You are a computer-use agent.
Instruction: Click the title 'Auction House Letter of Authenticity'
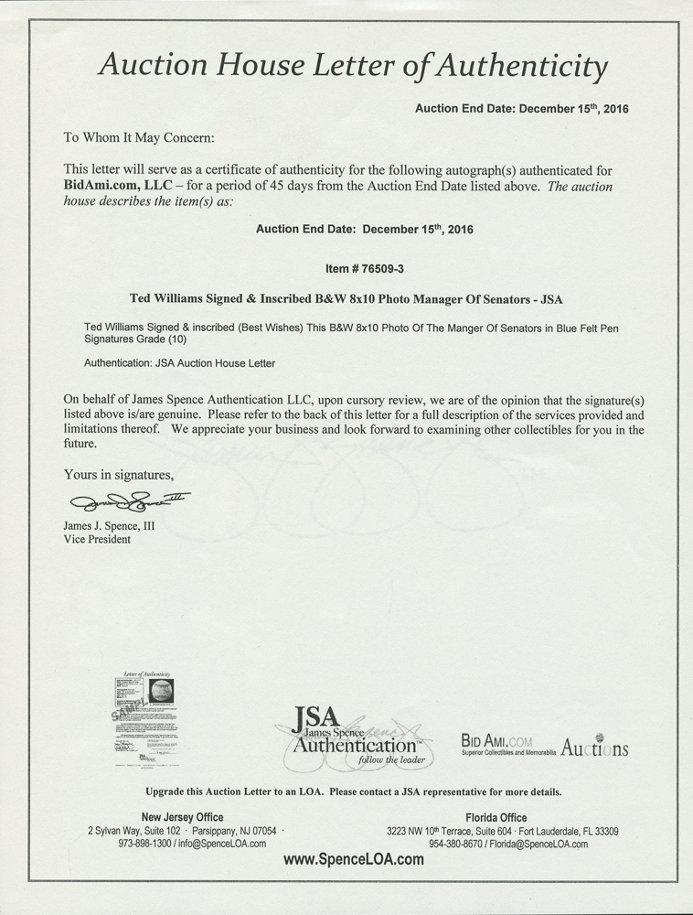click(x=352, y=66)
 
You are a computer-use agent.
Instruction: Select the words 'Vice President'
click(x=97, y=539)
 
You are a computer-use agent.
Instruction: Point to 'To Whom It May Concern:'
click(x=138, y=138)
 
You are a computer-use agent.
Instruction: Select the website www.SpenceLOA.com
click(x=354, y=859)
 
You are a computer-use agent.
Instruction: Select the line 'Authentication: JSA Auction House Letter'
click(x=179, y=363)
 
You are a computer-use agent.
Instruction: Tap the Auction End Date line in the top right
click(x=522, y=109)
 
